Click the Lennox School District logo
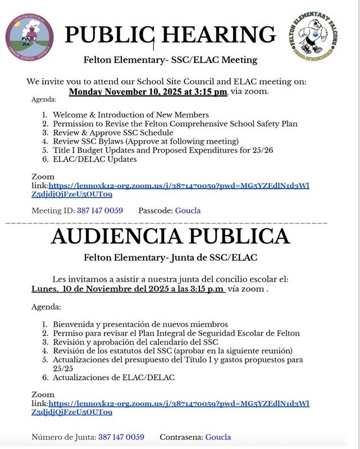(x=29, y=38)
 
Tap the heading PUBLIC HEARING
(x=171, y=35)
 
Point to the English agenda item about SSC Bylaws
(x=145, y=141)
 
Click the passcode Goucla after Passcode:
(x=188, y=210)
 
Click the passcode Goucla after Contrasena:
(x=218, y=437)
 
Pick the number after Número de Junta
(x=121, y=437)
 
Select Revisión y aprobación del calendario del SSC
(x=135, y=342)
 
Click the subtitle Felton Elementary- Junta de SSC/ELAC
(x=171, y=258)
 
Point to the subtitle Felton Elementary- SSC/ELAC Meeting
(x=171, y=59)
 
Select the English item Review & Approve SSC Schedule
(x=113, y=132)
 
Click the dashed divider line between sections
(x=168, y=223)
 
